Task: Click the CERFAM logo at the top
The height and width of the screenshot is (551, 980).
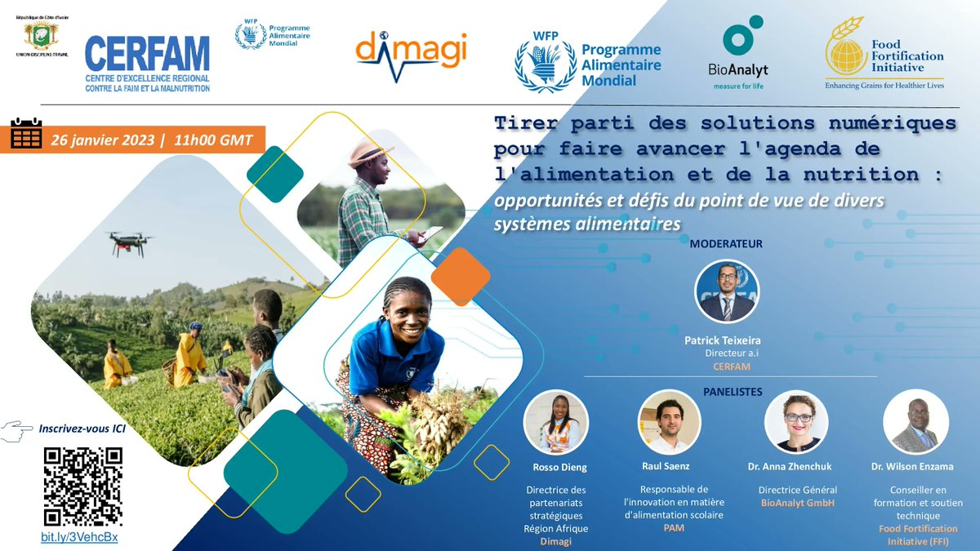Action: (x=147, y=64)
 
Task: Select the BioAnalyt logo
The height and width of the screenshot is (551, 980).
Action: (x=737, y=54)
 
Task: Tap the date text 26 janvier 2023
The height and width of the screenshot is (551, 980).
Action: (x=101, y=139)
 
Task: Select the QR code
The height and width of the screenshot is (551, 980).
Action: (x=82, y=486)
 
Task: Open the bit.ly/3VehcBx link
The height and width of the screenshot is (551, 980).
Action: (x=79, y=538)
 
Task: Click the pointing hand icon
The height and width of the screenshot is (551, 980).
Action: (x=18, y=429)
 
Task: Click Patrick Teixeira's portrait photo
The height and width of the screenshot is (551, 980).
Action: (x=727, y=291)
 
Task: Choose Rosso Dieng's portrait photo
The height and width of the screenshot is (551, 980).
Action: (x=555, y=422)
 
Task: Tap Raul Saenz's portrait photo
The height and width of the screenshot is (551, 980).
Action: (x=670, y=422)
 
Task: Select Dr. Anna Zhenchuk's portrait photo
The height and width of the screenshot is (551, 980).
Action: (x=796, y=422)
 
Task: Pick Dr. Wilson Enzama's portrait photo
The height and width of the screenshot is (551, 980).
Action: (x=915, y=422)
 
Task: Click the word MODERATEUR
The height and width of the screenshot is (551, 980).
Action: (x=727, y=244)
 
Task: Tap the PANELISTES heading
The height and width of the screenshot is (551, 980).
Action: (x=733, y=392)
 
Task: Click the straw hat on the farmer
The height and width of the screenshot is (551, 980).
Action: (x=370, y=153)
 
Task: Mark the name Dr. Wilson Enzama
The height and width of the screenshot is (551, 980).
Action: (x=916, y=468)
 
